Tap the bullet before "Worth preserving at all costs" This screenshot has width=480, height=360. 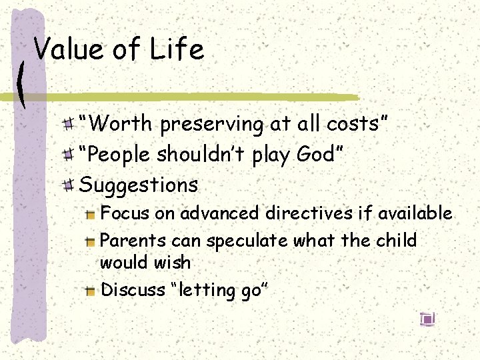click(x=69, y=124)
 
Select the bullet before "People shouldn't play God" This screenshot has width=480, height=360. click(x=69, y=155)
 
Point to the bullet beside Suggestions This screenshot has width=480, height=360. click(x=69, y=185)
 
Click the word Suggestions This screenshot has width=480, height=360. click(x=139, y=185)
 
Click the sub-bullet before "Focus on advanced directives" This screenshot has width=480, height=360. click(x=91, y=214)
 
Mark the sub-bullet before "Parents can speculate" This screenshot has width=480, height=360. click(x=91, y=241)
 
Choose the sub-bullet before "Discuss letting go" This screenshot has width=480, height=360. click(x=91, y=290)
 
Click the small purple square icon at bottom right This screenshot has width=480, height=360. click(x=427, y=319)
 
